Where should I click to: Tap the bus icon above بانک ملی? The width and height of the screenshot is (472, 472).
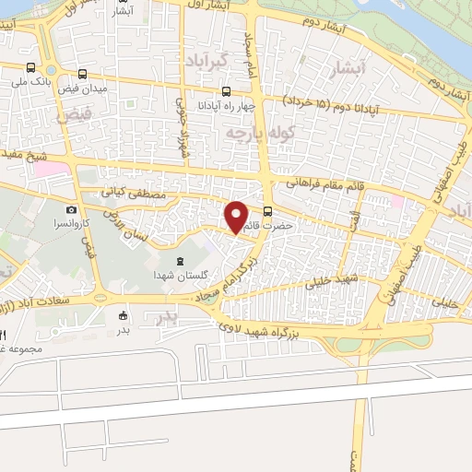[32, 69]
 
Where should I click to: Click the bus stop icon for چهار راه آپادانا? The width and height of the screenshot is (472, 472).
[227, 91]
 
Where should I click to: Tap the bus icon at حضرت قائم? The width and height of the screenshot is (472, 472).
[268, 210]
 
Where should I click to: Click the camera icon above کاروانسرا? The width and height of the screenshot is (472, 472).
[71, 210]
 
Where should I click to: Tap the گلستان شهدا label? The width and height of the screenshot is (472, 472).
[180, 277]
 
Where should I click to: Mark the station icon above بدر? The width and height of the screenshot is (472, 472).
[124, 315]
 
